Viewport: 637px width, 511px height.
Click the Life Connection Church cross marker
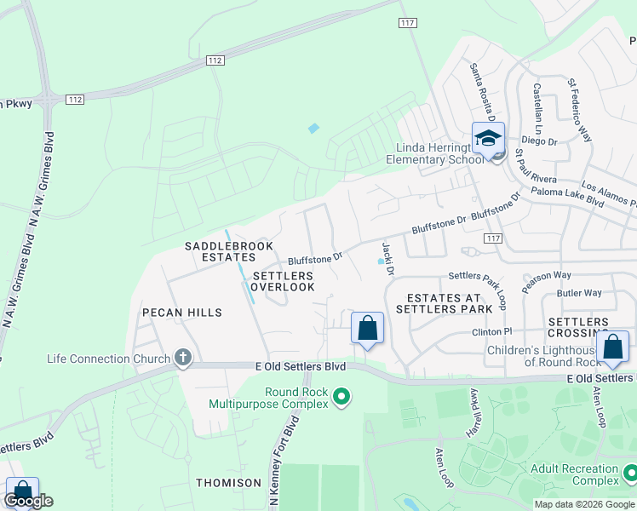[183, 359]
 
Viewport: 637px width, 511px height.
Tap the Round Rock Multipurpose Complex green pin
[341, 397]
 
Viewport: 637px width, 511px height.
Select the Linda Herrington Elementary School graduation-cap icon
[489, 139]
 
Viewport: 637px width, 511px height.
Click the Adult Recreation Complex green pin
[630, 472]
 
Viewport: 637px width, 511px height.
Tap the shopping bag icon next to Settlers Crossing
[612, 347]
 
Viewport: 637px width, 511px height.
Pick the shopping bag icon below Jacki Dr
[367, 329]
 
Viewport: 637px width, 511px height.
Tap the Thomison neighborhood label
[228, 483]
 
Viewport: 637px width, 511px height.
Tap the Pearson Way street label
[546, 282]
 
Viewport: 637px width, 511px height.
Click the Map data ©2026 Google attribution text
[583, 504]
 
